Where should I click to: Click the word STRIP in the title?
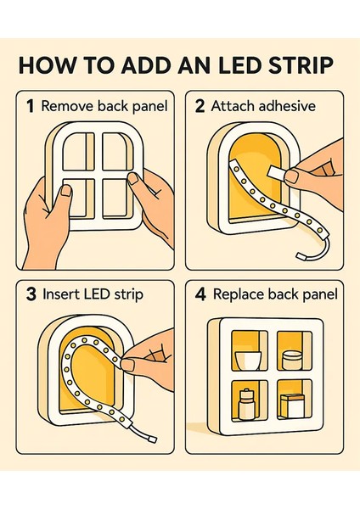pyautogui.click(x=301, y=65)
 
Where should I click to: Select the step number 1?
pyautogui.click(x=31, y=107)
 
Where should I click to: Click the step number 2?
pyautogui.click(x=200, y=107)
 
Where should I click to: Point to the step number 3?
pyautogui.click(x=31, y=294)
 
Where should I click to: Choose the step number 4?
pyautogui.click(x=200, y=294)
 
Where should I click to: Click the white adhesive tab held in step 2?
pyautogui.click(x=278, y=172)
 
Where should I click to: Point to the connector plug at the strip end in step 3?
pyautogui.click(x=152, y=439)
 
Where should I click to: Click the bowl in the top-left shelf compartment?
pyautogui.click(x=248, y=361)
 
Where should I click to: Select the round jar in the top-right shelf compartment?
pyautogui.click(x=292, y=361)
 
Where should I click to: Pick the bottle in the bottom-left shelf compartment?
pyautogui.click(x=246, y=404)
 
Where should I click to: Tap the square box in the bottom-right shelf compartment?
pyautogui.click(x=292, y=406)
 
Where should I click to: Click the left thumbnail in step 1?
pyautogui.click(x=66, y=191)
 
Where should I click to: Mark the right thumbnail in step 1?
pyautogui.click(x=133, y=178)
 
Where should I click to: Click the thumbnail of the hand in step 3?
pyautogui.click(x=127, y=365)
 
